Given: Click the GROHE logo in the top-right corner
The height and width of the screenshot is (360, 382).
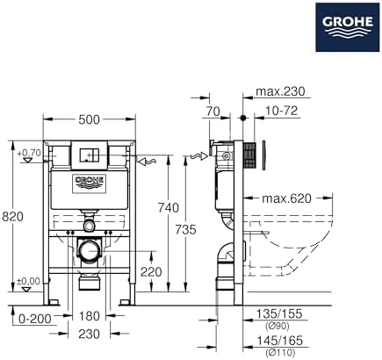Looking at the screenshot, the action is (348, 27).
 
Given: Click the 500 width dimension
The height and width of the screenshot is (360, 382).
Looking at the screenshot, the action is (90, 119).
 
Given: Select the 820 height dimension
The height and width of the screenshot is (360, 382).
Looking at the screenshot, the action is (12, 217).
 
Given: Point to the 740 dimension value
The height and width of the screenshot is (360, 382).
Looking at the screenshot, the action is (168, 208).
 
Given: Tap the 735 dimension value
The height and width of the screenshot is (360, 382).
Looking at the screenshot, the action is (185, 229).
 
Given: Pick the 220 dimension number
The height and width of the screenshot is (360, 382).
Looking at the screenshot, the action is (151, 272).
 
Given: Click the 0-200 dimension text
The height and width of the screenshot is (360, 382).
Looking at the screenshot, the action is (34, 318).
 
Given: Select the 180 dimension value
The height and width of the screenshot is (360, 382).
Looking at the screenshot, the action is (90, 316).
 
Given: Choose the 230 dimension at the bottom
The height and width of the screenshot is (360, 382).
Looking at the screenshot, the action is (90, 334).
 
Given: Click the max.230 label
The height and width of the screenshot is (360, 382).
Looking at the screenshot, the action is (280, 91).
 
